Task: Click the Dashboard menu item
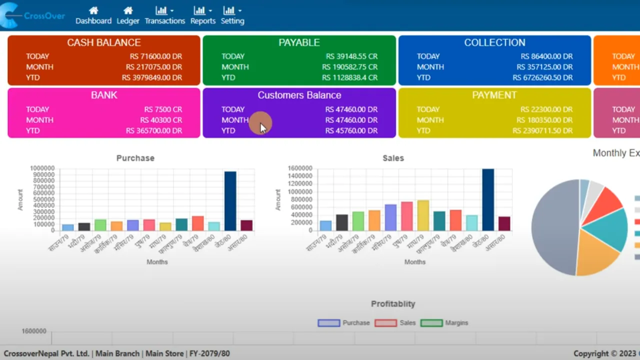(93, 15)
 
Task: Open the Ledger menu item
(128, 15)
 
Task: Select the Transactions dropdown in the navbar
(164, 15)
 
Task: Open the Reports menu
(202, 15)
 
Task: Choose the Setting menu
(232, 15)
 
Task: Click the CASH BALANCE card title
(104, 43)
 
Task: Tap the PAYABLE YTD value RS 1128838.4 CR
(349, 77)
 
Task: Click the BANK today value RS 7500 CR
(163, 109)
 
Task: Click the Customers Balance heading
(299, 95)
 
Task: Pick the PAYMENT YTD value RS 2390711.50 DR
(542, 130)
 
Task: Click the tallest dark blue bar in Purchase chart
(230, 201)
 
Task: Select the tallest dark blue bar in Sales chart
(488, 199)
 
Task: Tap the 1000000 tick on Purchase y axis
(42, 168)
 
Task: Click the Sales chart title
(393, 158)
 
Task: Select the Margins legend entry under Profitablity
(444, 323)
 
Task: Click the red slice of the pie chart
(606, 200)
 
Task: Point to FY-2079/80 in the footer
(209, 353)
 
